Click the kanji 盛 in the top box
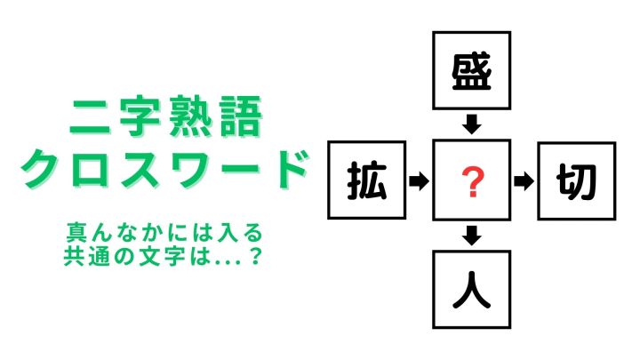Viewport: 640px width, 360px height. tap(471, 72)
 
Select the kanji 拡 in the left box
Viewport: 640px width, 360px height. tap(367, 180)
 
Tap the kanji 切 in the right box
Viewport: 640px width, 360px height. tap(576, 181)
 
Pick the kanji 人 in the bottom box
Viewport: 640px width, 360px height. tap(471, 290)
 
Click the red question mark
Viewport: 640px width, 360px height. tap(472, 182)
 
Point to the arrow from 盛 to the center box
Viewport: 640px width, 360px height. tap(471, 124)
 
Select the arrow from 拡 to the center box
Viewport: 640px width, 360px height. tap(419, 180)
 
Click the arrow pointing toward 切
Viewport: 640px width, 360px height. tap(524, 181)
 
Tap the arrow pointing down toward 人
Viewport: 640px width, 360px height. tap(471, 236)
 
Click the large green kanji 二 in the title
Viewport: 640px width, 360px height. tap(91, 117)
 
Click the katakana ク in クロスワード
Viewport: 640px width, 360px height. tap(42, 169)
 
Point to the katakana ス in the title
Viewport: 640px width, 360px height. tap(141, 169)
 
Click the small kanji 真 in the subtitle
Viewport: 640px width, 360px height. tap(76, 233)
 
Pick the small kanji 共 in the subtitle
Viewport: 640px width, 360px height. tap(74, 256)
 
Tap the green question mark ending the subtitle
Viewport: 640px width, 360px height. tap(255, 256)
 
